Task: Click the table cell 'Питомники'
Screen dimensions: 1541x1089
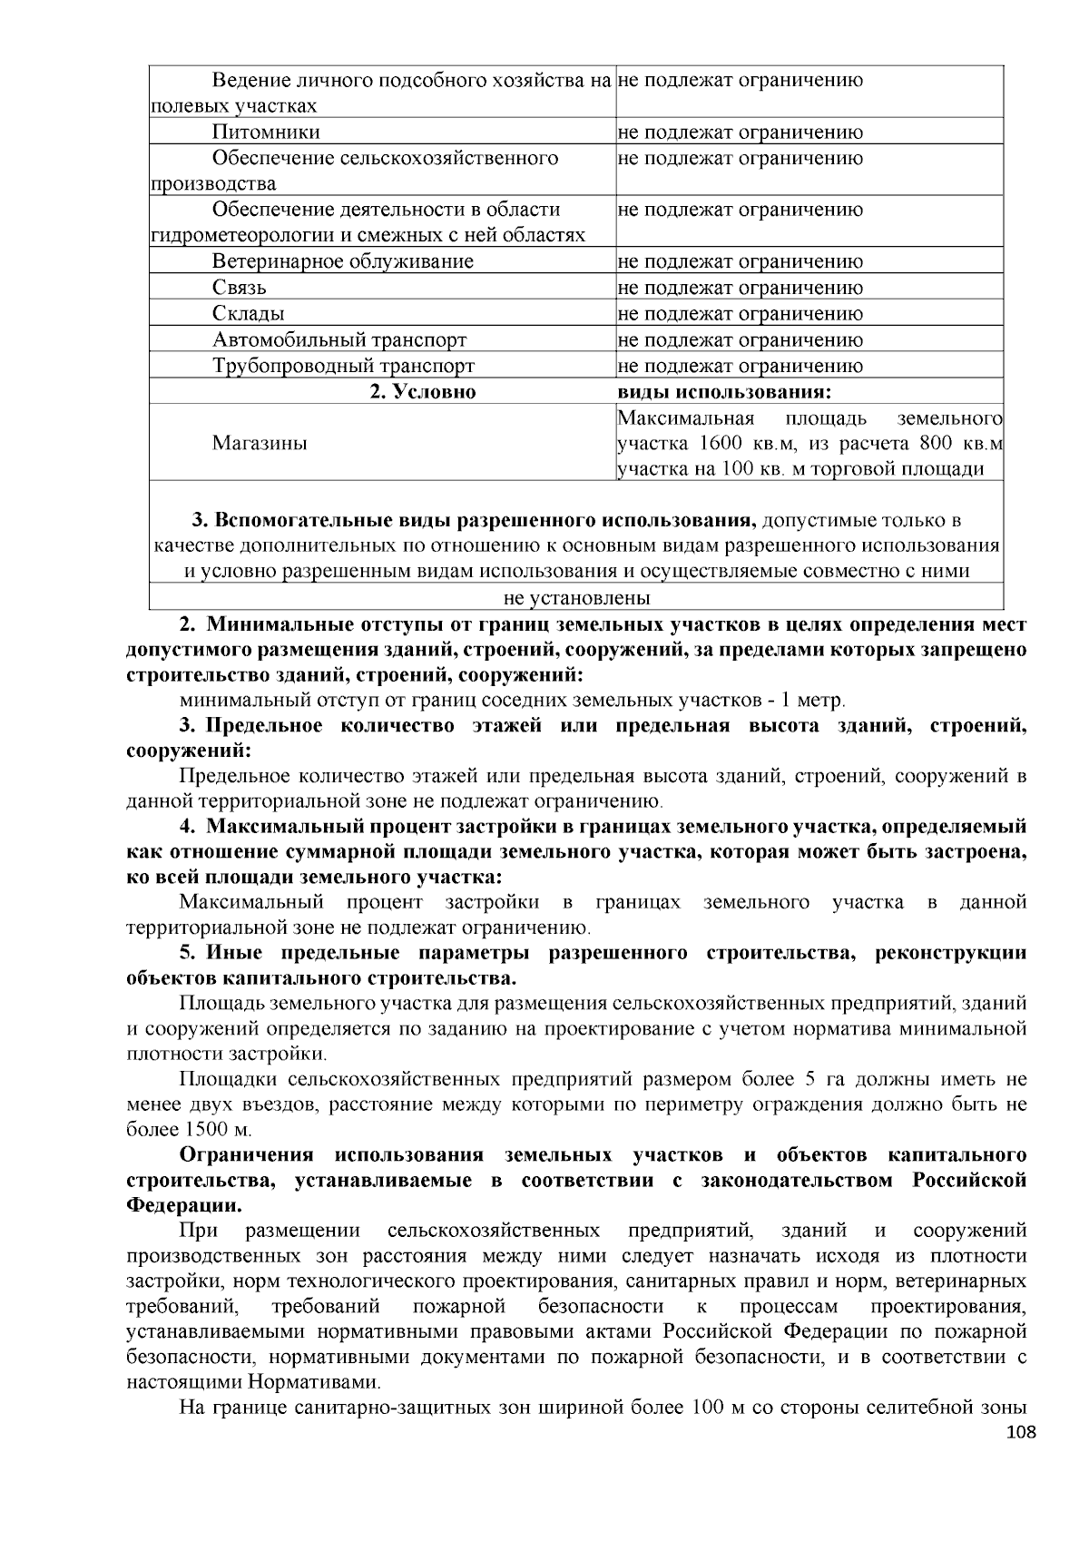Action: click(x=266, y=132)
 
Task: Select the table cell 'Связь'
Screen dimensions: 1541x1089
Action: click(x=239, y=288)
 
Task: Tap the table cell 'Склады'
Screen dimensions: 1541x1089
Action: click(x=248, y=314)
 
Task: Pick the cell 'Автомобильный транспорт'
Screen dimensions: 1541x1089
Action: click(x=339, y=340)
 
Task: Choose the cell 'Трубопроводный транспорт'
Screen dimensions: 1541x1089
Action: click(x=343, y=367)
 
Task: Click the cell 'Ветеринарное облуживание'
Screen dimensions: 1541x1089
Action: click(x=342, y=262)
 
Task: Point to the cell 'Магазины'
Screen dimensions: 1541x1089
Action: click(x=260, y=444)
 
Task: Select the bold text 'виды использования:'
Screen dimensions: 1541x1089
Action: click(x=724, y=392)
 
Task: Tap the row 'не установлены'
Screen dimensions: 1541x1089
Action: click(x=576, y=598)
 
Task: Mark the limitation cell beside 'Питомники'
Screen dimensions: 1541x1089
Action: click(x=740, y=132)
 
